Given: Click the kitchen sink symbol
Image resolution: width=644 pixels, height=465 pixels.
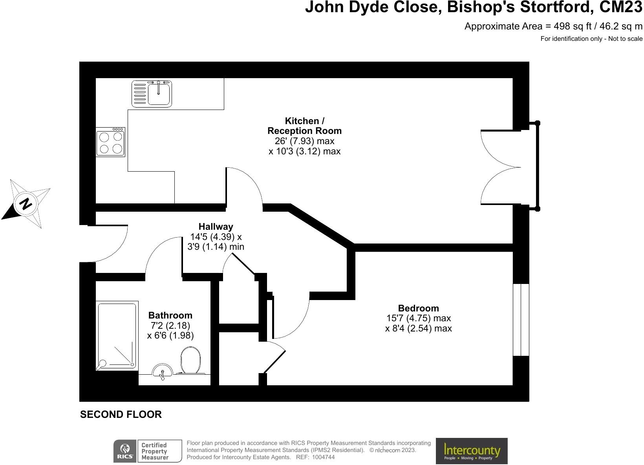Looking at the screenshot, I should (152, 93).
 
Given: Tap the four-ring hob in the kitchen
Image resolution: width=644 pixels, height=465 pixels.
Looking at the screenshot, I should (110, 143).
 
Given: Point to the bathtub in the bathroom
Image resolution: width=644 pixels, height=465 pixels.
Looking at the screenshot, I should (117, 335).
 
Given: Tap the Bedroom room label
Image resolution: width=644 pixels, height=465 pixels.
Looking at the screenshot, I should (418, 308).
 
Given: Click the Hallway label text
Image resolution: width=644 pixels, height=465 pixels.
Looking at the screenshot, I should (216, 227).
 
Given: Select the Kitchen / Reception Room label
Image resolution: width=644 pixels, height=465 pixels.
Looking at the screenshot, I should (304, 126).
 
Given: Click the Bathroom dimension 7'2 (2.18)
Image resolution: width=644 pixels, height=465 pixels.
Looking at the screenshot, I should (170, 326).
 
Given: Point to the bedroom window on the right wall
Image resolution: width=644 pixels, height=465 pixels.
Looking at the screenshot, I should (521, 319).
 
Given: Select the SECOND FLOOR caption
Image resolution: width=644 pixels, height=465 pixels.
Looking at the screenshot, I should (121, 414).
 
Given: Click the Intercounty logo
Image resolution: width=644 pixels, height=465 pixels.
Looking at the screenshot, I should (472, 451).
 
